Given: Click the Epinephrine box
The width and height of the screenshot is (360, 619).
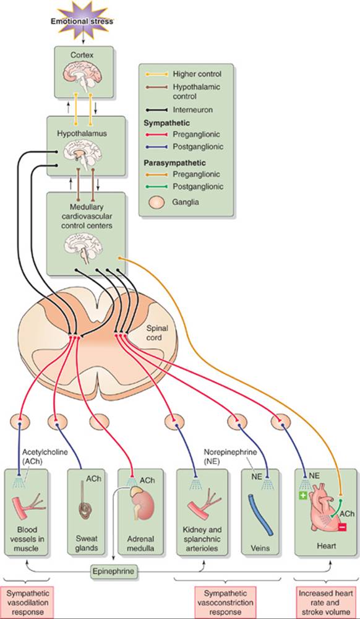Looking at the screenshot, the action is click(114, 571).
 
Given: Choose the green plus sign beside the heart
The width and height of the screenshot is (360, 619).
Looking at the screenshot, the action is click(303, 496).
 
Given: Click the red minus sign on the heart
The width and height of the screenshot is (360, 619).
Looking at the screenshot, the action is click(342, 527).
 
